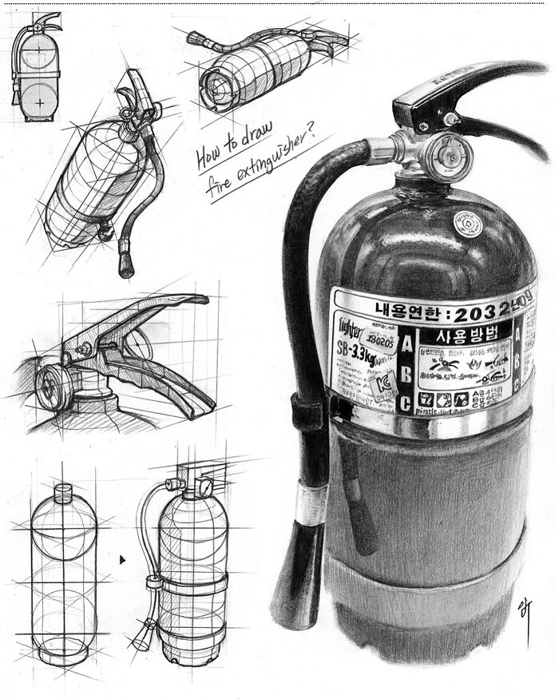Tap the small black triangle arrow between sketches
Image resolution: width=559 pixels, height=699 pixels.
point(122,560)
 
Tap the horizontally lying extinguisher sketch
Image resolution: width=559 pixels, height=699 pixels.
point(264,60)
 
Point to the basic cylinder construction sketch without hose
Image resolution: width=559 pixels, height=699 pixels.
point(64,575)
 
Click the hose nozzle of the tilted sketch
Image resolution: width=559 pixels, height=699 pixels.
point(125,264)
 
